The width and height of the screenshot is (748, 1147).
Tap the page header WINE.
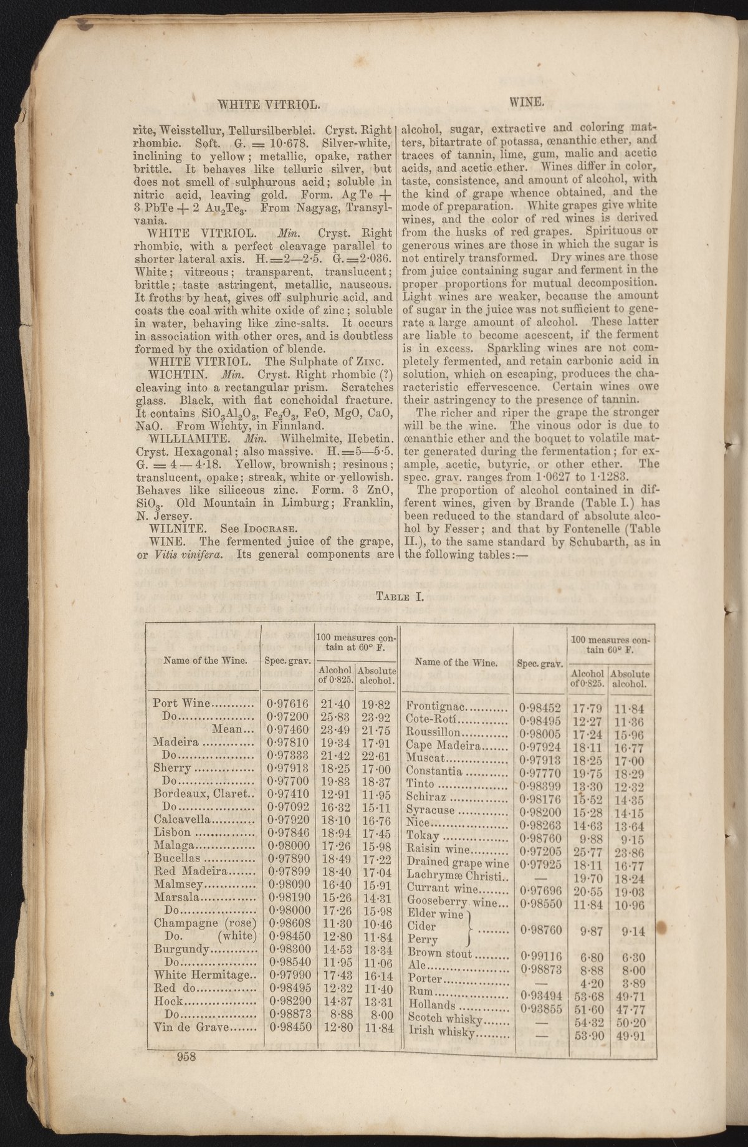pyautogui.click(x=527, y=100)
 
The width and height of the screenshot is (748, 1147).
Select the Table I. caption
pyautogui.click(x=400, y=596)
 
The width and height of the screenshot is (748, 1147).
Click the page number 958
pyautogui.click(x=186, y=1055)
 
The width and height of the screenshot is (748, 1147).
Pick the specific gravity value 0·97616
pyautogui.click(x=287, y=704)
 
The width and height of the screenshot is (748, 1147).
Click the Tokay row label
pyautogui.click(x=423, y=835)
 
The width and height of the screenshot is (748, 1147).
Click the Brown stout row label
pyautogui.click(x=440, y=953)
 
